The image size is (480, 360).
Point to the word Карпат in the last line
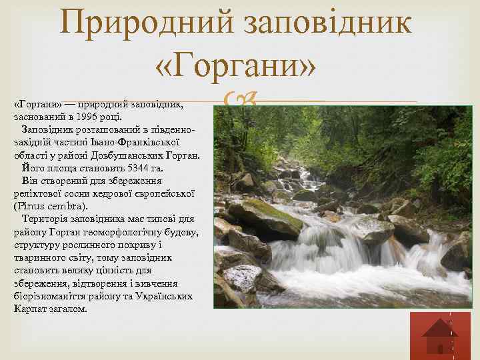click(x=28, y=310)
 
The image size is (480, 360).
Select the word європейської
click(x=163, y=193)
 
